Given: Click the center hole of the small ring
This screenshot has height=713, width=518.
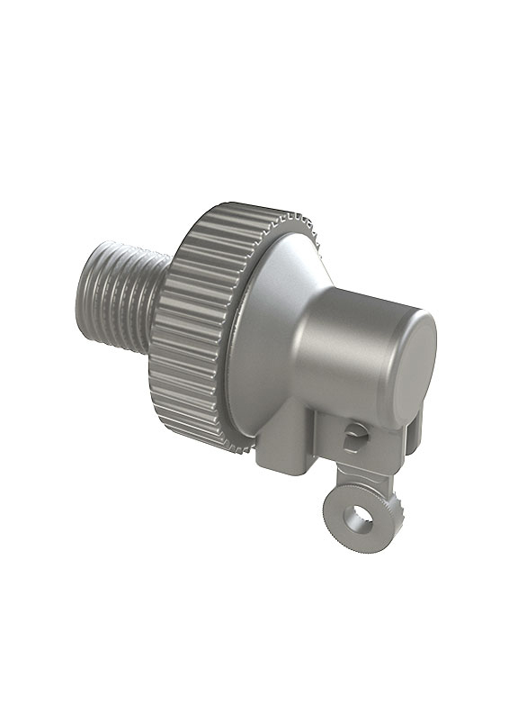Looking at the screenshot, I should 361,519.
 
